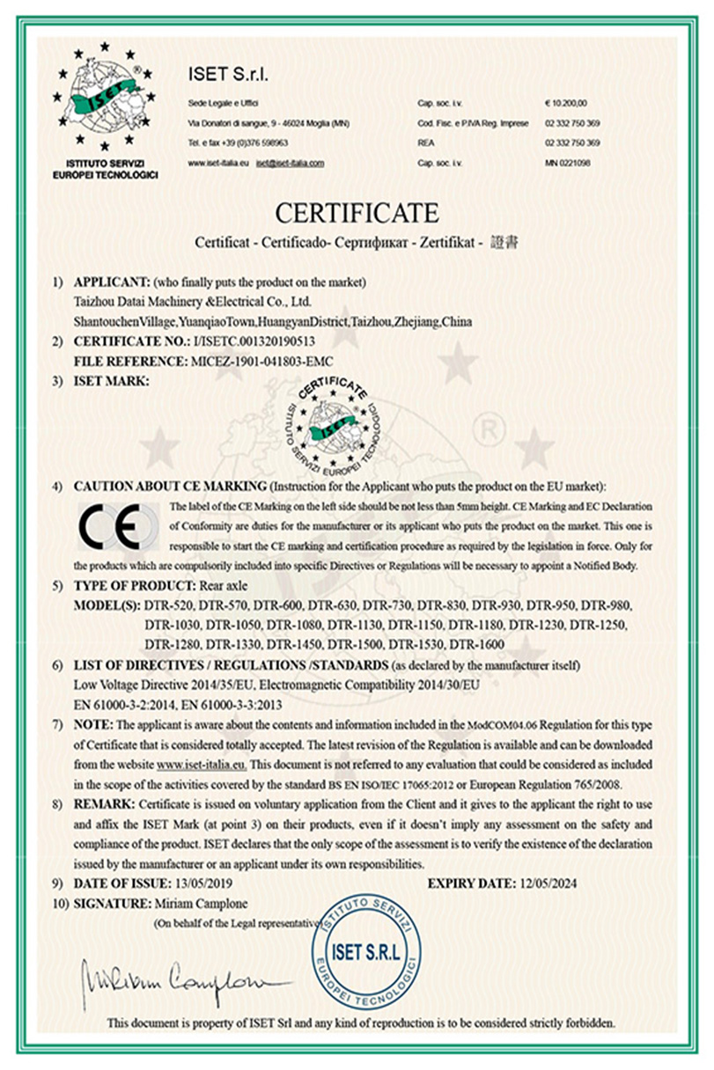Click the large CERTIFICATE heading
pos(357,214)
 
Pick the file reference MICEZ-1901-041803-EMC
pos(260,361)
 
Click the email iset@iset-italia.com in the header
pos(290,163)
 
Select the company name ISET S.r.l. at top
pos(228,72)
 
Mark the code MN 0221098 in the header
pos(567,163)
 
